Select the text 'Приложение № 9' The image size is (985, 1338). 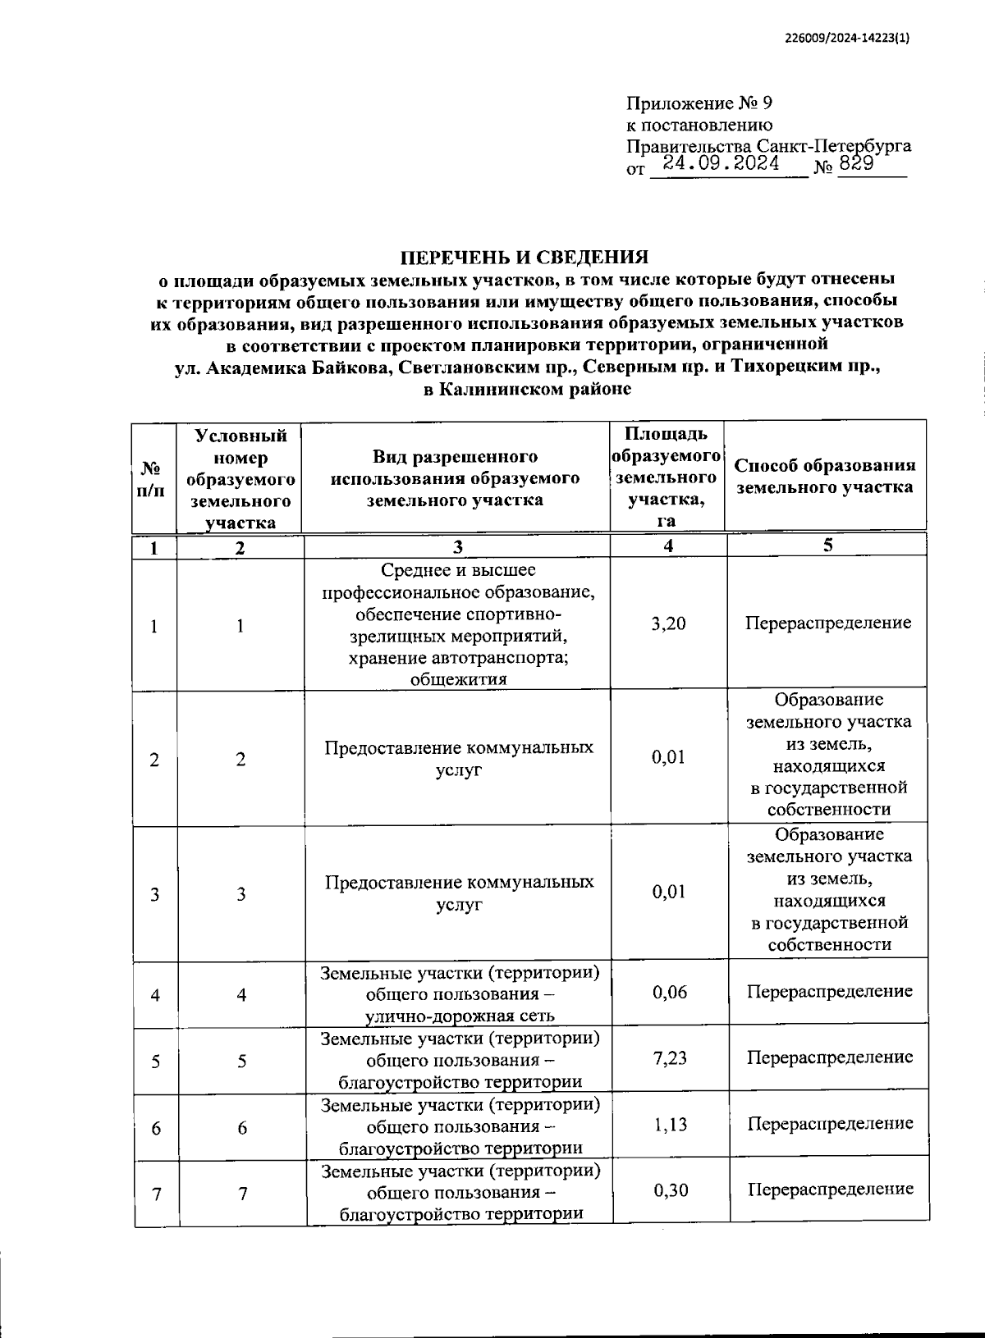point(699,103)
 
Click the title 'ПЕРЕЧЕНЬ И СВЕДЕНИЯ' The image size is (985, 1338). point(525,257)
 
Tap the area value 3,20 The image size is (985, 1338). point(668,623)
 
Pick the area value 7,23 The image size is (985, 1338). point(670,1058)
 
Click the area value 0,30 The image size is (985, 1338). point(670,1190)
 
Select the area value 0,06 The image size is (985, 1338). point(670,993)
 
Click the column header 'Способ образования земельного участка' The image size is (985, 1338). point(825,476)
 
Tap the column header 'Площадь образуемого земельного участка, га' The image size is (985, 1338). point(667,476)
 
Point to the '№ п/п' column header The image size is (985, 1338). point(153,478)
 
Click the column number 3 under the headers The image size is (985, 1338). point(457,547)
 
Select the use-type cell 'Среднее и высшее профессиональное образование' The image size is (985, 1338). point(458,623)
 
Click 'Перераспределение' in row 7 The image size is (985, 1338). point(830,1189)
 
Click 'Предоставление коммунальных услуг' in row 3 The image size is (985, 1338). point(459,893)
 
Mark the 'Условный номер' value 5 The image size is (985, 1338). point(242,1062)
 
